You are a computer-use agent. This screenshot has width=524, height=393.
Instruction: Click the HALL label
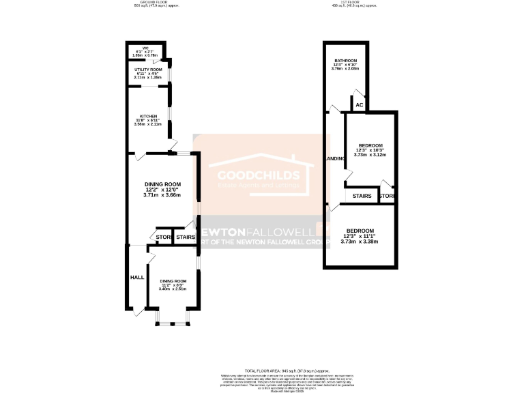click(136, 278)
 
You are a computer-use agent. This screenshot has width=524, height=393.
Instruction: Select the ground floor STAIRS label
click(185, 237)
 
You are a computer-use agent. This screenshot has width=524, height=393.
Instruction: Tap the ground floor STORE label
click(164, 237)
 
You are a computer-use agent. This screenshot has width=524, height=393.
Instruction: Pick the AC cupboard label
click(359, 105)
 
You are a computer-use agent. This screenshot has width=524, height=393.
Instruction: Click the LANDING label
click(335, 159)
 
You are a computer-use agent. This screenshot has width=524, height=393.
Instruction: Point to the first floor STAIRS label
click(362, 196)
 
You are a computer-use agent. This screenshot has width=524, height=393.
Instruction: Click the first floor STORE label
click(386, 196)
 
